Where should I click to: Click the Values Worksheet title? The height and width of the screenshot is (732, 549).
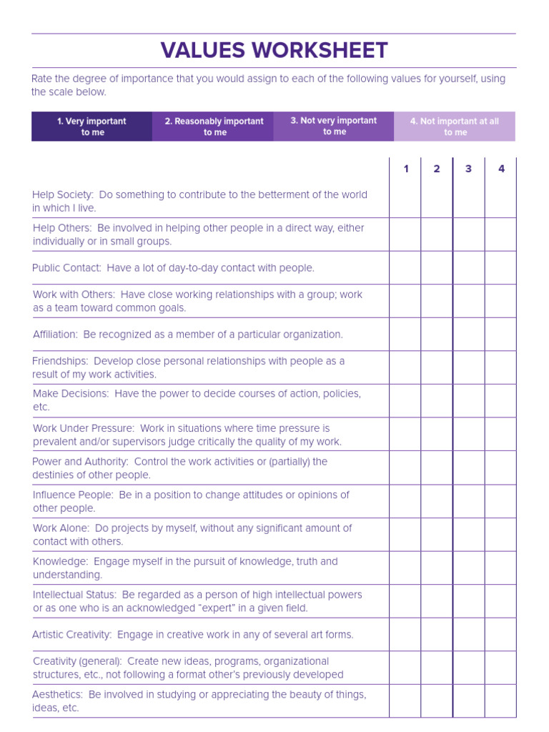point(274,51)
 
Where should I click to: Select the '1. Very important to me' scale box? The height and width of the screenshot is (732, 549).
point(91,127)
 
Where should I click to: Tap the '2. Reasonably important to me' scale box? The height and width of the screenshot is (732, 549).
point(214,127)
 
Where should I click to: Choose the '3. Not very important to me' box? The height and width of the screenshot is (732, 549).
point(334,127)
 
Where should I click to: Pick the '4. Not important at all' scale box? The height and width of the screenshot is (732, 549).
point(455,127)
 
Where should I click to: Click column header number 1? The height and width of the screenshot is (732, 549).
point(406,169)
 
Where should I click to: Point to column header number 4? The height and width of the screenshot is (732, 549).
point(501,169)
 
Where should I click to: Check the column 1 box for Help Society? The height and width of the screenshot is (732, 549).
point(405,201)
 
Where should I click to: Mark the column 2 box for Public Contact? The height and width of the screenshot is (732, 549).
point(437,268)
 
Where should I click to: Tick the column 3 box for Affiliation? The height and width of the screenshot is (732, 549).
point(468,335)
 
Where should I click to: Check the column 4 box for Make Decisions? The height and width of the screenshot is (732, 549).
point(500,401)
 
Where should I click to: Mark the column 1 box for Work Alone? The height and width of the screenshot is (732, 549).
point(405,535)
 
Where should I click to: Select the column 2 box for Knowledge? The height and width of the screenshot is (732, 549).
point(437,568)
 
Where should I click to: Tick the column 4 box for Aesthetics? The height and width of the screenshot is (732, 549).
point(500,701)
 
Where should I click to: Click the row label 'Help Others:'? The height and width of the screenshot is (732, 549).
point(62,228)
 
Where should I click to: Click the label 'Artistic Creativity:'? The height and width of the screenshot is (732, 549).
point(71,635)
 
